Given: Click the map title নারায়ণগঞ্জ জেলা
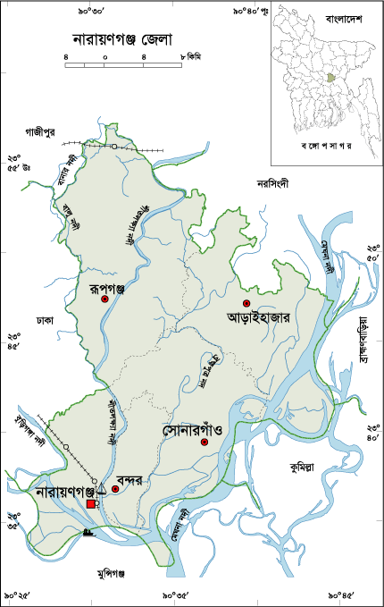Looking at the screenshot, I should [121, 40].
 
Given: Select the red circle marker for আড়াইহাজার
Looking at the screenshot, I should [246, 303].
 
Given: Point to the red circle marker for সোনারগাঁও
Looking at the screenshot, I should [205, 443].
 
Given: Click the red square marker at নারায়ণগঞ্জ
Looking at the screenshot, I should [91, 505].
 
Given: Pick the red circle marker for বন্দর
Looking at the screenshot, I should [115, 488].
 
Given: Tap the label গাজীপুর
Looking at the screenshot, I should [40, 131].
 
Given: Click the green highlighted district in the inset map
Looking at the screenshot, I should [332, 78].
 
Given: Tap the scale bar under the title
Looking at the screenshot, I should [124, 65].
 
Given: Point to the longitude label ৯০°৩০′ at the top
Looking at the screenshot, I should [92, 11].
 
